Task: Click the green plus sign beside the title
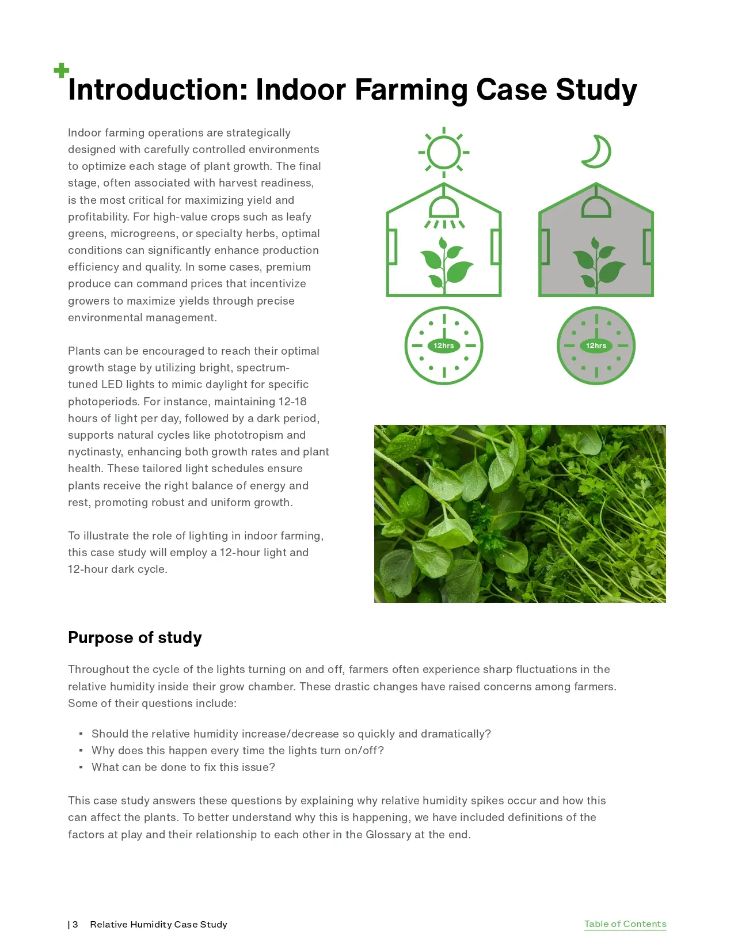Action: tap(62, 71)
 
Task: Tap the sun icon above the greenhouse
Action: tap(444, 153)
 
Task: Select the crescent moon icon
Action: tap(597, 151)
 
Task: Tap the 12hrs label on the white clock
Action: tap(444, 345)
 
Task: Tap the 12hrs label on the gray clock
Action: tap(596, 345)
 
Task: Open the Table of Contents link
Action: tap(625, 924)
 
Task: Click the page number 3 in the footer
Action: tap(75, 924)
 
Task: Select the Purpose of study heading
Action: tap(135, 637)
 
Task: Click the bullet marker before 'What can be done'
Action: tap(81, 767)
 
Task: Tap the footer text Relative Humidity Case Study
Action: tap(158, 924)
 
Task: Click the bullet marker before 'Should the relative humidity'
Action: tap(81, 734)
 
